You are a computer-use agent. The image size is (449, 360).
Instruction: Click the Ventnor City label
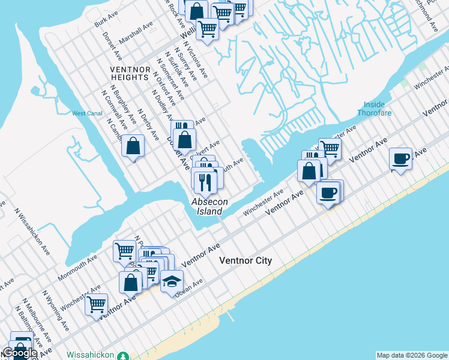tap(246, 260)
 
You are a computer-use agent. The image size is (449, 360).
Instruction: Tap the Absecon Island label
tap(207, 206)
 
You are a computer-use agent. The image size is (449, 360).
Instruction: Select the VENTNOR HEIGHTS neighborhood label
tap(130, 73)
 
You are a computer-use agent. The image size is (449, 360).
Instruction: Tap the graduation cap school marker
tap(172, 280)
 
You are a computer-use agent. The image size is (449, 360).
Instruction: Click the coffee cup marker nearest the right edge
tap(400, 160)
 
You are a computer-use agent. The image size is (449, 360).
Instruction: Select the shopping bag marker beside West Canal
tap(133, 146)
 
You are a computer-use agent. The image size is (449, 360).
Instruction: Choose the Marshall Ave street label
tap(136, 32)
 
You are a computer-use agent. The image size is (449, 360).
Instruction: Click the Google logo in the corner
tap(19, 353)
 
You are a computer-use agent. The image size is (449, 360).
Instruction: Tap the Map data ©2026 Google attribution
tap(412, 355)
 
